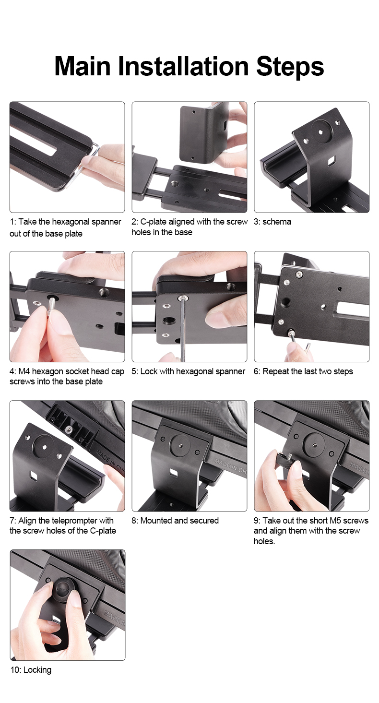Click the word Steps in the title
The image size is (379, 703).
click(290, 67)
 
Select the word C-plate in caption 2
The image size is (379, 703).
click(153, 222)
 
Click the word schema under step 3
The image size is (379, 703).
click(277, 222)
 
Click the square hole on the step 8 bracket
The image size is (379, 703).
click(173, 472)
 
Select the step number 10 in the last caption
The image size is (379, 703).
click(15, 670)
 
